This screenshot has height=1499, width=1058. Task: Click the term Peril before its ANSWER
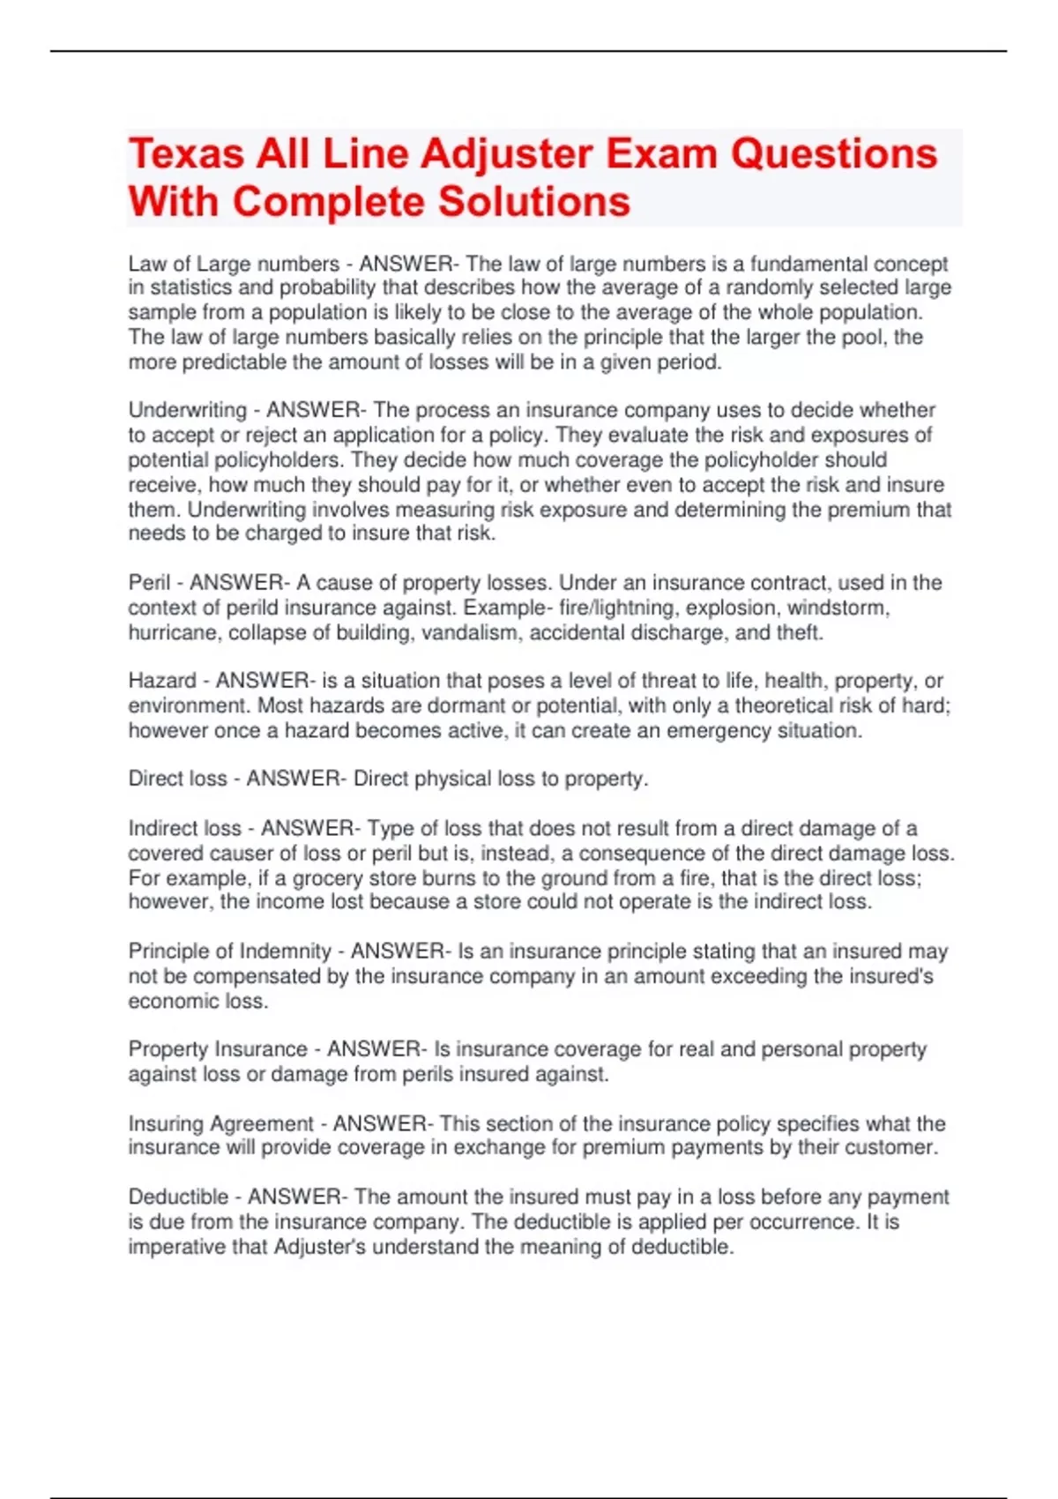click(149, 583)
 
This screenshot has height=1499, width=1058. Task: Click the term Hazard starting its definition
click(162, 681)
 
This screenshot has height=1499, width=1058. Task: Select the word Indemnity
click(286, 951)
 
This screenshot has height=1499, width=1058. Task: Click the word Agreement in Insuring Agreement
click(261, 1123)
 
